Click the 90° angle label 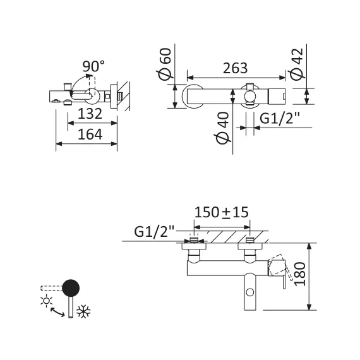pyautogui.click(x=93, y=65)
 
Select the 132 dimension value pyautogui.click(x=90, y=114)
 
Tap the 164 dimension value pyautogui.click(x=90, y=134)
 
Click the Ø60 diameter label pyautogui.click(x=165, y=65)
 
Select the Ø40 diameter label pyautogui.click(x=222, y=129)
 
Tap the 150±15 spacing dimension pyautogui.click(x=221, y=212)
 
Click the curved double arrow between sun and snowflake pyautogui.click(x=57, y=309)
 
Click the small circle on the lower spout pyautogui.click(x=251, y=292)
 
